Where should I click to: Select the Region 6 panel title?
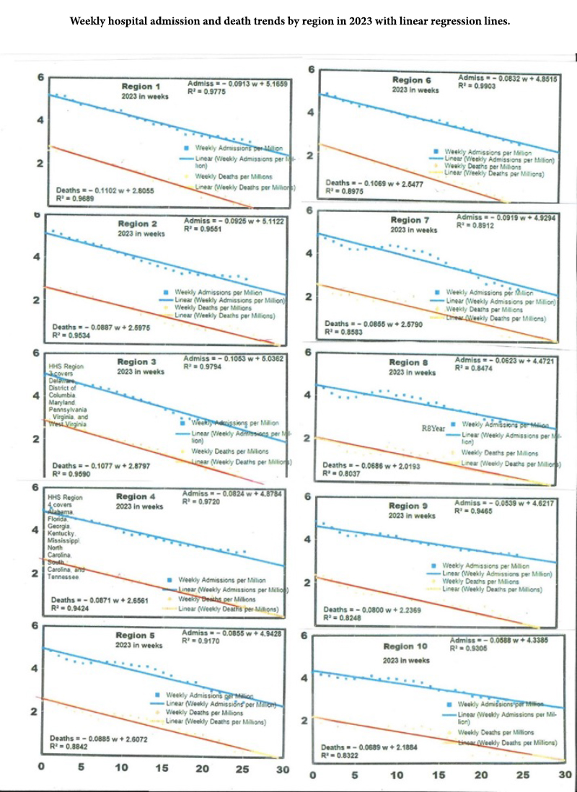click(412, 79)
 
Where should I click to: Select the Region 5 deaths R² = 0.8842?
click(76, 748)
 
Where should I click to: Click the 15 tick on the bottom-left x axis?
click(162, 770)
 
